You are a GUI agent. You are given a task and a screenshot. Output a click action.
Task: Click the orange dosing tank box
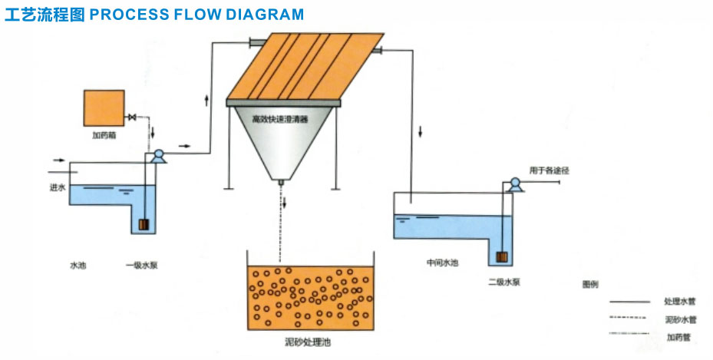tap(104, 107)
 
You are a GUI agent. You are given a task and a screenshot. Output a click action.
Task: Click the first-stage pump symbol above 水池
tap(157, 156)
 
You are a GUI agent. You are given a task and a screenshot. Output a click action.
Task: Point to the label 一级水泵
tap(143, 266)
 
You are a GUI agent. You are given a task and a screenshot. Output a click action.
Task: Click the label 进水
tap(55, 187)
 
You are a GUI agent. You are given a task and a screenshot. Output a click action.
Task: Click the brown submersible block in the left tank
tap(144, 226)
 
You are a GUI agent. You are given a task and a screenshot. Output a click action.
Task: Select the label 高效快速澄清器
tap(280, 120)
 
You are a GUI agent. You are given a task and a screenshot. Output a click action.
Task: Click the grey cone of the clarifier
tap(282, 150)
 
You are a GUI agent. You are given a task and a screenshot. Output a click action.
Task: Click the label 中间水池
tap(442, 263)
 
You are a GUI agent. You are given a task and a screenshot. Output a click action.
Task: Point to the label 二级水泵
tap(504, 282)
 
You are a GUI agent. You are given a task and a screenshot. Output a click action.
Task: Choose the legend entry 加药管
tap(678, 337)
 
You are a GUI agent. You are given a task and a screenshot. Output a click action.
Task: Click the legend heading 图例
tap(590, 285)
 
